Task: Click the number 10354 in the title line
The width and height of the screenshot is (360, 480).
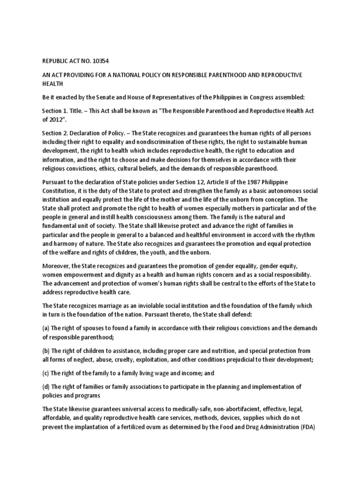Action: [100, 61]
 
